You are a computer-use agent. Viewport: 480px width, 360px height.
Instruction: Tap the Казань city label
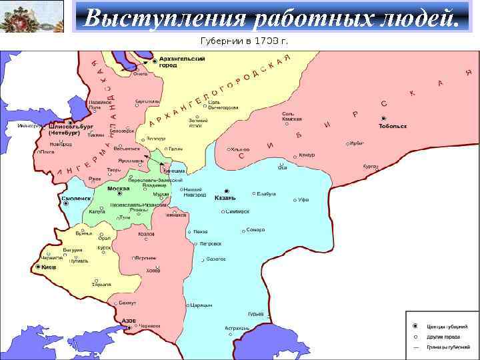point(226,198)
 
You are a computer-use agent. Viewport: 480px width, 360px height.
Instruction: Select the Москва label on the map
point(117,189)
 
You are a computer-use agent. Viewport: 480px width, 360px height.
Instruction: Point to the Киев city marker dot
point(37,267)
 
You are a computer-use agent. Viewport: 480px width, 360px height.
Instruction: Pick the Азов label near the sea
point(129,320)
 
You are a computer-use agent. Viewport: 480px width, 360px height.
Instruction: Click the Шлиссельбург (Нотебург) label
point(70,129)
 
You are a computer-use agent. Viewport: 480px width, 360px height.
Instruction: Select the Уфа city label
point(303,199)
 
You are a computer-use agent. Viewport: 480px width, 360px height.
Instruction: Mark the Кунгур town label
point(306,155)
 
